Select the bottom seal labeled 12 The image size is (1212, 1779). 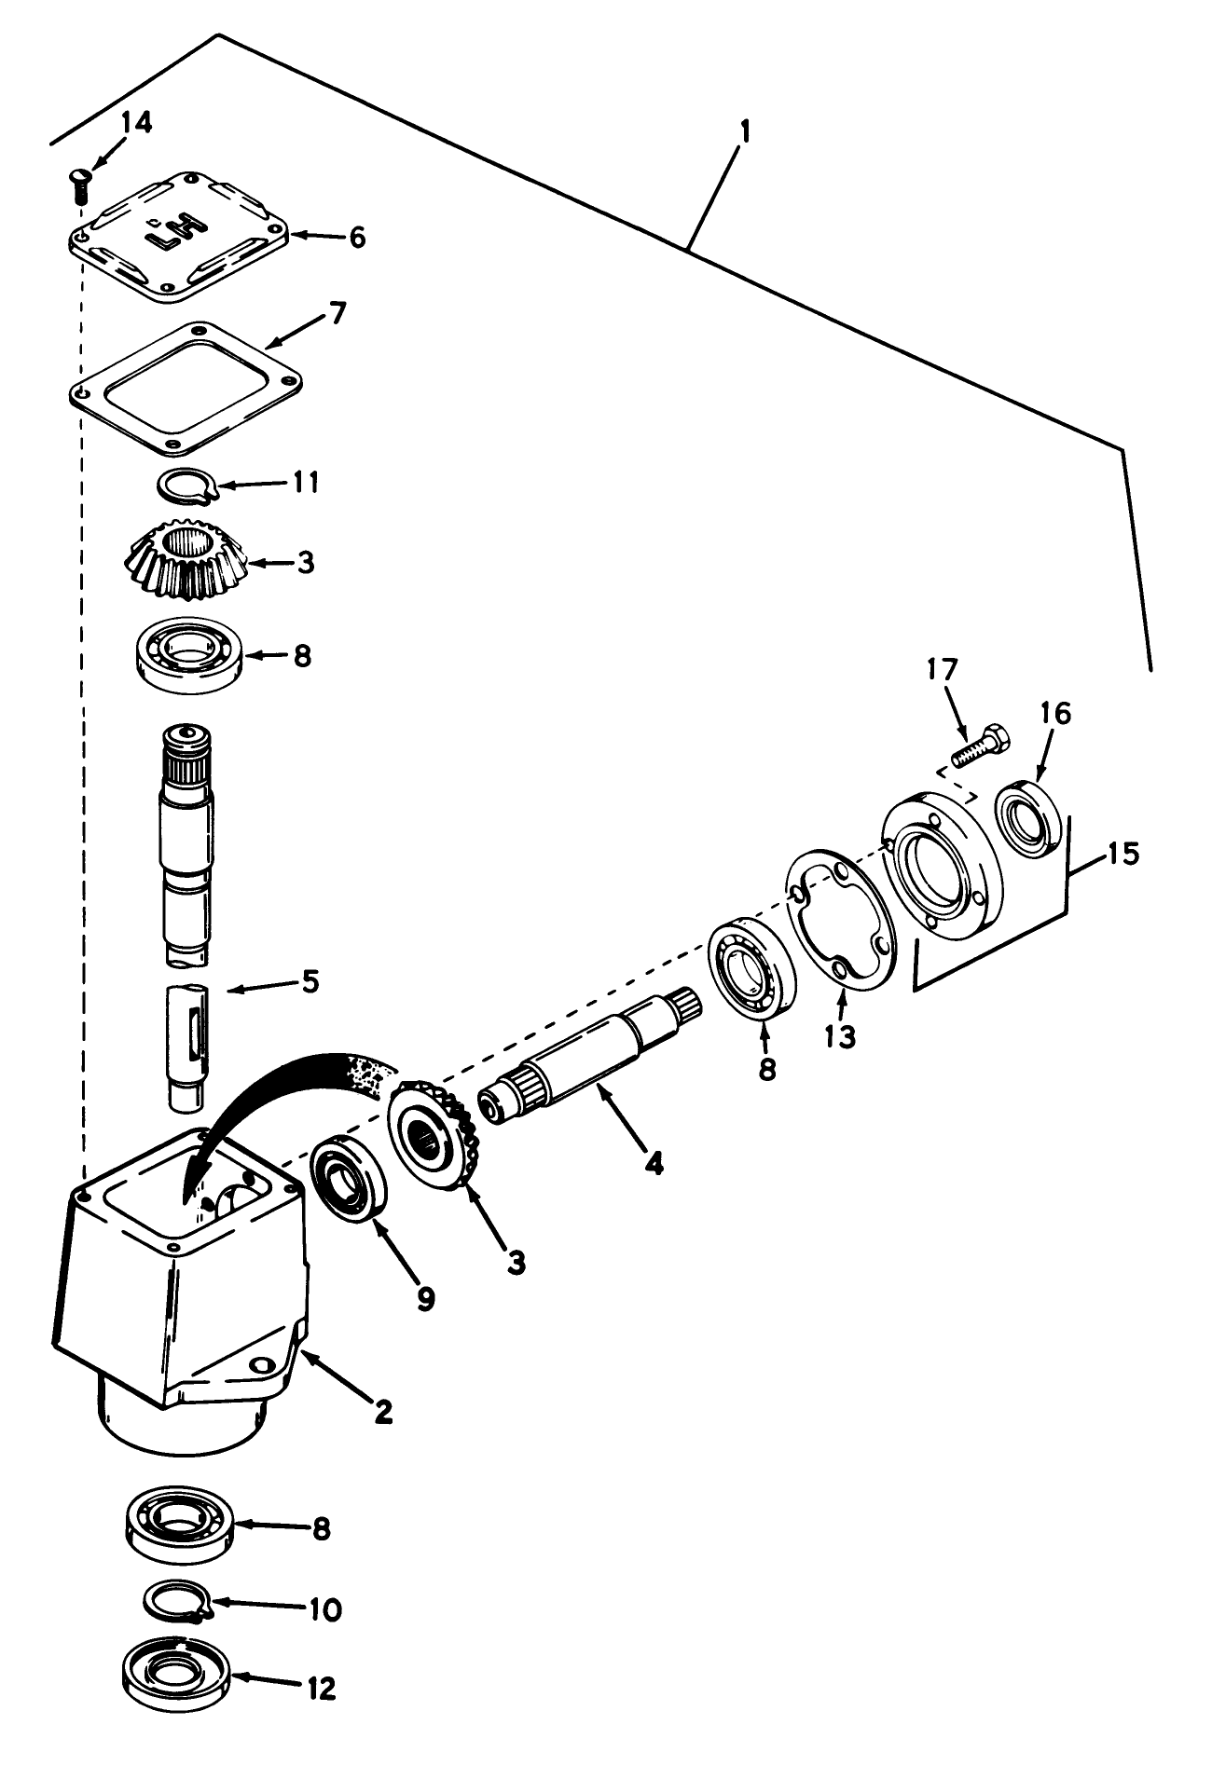(176, 1687)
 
